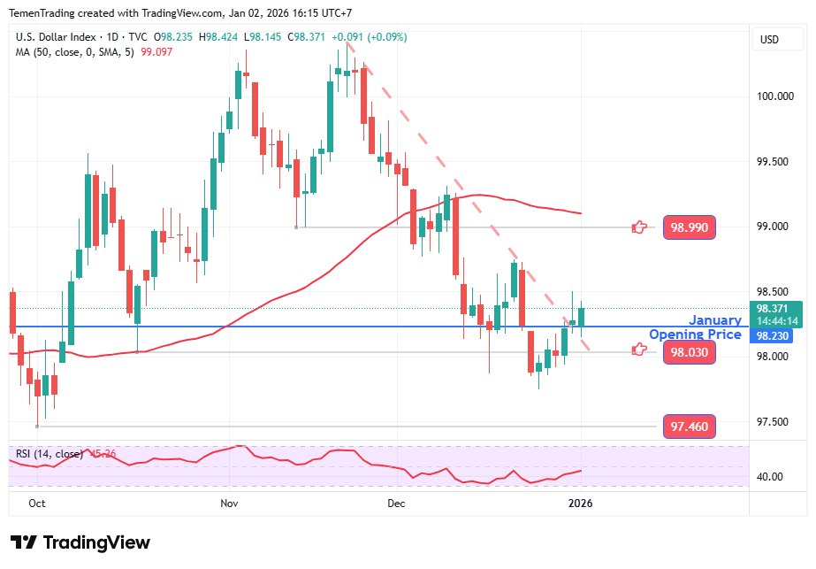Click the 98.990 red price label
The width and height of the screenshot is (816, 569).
pyautogui.click(x=689, y=227)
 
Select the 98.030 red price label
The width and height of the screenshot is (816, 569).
pyautogui.click(x=689, y=352)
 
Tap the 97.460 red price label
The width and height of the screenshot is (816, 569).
pyautogui.click(x=689, y=427)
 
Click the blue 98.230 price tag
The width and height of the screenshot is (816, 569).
pyautogui.click(x=772, y=336)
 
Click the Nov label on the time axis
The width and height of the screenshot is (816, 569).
pyautogui.click(x=229, y=504)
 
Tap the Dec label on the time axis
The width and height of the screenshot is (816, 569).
pyautogui.click(x=395, y=504)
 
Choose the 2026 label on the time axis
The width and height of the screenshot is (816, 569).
pyautogui.click(x=580, y=504)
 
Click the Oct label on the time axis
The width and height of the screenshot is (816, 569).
pyautogui.click(x=36, y=504)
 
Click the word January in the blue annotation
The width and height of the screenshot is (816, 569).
pyautogui.click(x=715, y=320)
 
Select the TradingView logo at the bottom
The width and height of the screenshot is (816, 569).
pyautogui.click(x=80, y=542)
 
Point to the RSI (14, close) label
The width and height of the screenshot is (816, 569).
pyautogui.click(x=50, y=454)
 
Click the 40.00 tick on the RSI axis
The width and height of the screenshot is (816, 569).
pyautogui.click(x=771, y=477)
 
